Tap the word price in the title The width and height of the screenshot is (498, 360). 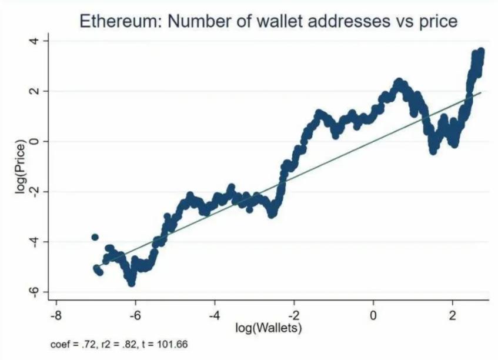[x=438, y=22]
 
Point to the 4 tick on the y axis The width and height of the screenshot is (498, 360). [x=35, y=41]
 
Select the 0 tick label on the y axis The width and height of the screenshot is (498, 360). [x=35, y=141]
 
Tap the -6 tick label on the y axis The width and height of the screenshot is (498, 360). [x=35, y=291]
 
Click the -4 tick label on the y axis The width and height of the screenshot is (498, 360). [x=35, y=241]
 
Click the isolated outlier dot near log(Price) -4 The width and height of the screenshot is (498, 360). [x=95, y=237]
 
